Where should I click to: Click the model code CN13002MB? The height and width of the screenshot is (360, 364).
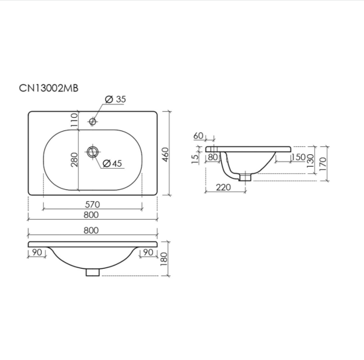click(49, 88)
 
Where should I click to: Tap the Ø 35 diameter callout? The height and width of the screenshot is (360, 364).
click(115, 99)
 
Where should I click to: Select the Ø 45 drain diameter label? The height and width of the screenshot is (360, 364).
click(112, 163)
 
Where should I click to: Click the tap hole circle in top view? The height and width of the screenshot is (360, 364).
click(93, 121)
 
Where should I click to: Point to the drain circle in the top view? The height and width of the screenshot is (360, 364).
click(93, 152)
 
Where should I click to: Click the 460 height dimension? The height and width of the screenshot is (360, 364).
click(165, 155)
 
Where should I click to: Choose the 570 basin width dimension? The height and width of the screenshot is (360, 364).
click(93, 204)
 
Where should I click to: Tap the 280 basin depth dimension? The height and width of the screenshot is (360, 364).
click(74, 159)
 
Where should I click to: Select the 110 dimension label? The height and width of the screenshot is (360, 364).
click(74, 120)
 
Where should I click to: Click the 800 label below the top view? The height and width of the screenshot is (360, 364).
click(91, 215)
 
